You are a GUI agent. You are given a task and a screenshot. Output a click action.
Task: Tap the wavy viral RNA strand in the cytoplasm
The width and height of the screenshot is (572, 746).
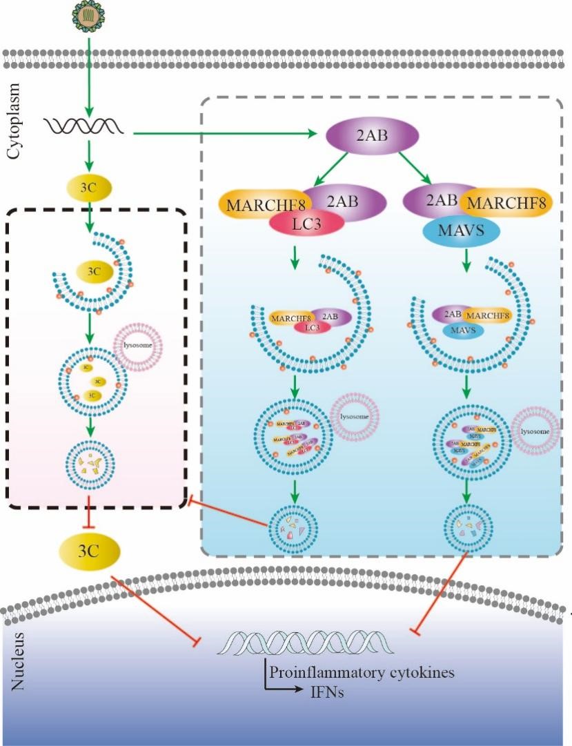click(x=85, y=126)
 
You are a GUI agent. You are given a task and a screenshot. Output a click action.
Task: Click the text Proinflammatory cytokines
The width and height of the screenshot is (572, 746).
click(x=361, y=672)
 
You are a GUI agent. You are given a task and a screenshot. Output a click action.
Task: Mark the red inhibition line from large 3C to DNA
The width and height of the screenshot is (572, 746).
click(x=155, y=607)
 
